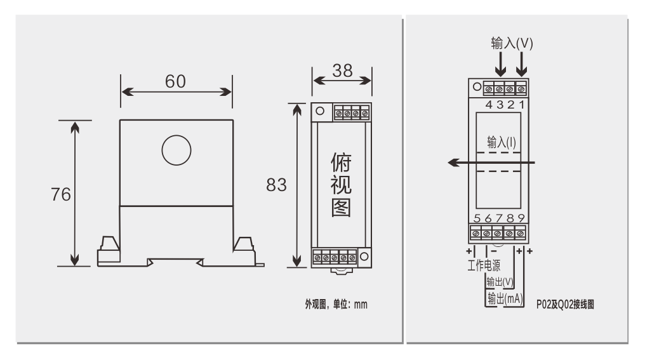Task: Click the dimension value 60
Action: [x=175, y=81]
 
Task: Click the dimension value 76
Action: [x=61, y=195]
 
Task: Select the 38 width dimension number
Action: [x=342, y=70]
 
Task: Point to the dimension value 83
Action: [x=276, y=185]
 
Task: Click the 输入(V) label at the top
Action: [x=512, y=43]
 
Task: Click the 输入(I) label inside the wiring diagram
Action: [x=502, y=142]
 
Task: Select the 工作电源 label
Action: [x=484, y=265]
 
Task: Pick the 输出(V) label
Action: [x=500, y=282]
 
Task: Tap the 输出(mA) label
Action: [x=505, y=298]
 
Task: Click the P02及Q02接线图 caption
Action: [x=565, y=305]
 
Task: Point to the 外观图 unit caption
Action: [x=336, y=305]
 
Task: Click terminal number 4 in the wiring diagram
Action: [x=489, y=105]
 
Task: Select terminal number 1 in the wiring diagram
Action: [x=522, y=105]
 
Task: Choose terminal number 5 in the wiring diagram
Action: [x=477, y=218]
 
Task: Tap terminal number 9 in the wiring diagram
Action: [x=521, y=218]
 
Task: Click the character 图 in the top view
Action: [x=341, y=208]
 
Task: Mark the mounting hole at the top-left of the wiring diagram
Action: [x=477, y=87]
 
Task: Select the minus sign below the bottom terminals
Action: [x=494, y=251]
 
